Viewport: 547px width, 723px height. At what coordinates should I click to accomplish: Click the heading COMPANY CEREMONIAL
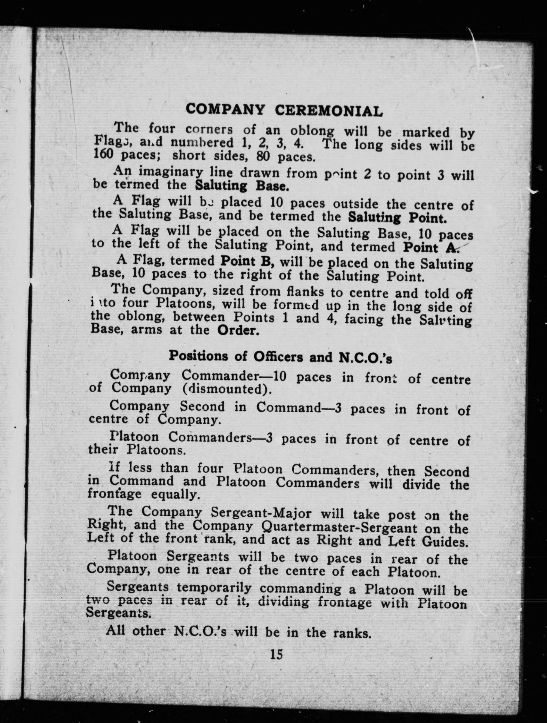coord(284,110)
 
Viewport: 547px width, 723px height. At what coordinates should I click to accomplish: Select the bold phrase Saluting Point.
coord(397,217)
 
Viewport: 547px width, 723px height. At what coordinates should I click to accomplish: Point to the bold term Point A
coord(431,247)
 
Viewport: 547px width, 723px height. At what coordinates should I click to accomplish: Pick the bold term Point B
coord(247,262)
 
